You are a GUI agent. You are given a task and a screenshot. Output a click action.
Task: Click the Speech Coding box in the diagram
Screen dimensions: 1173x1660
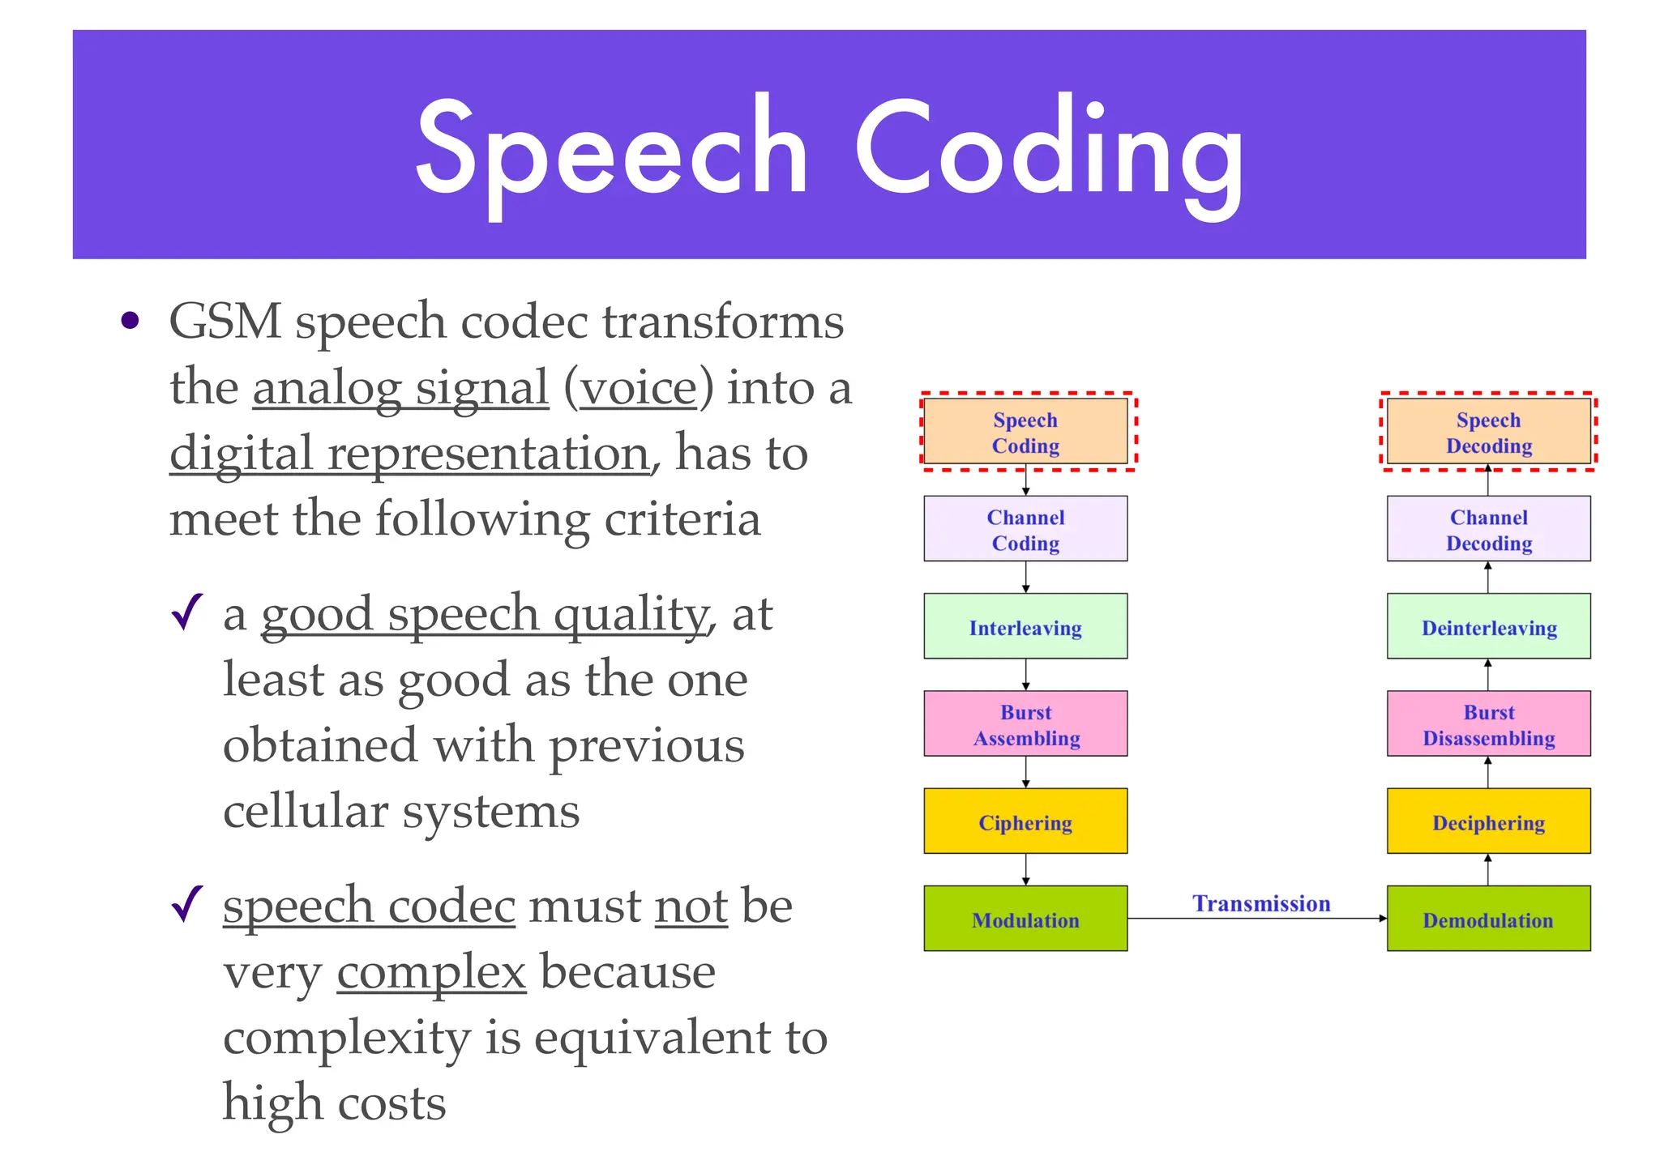(x=1025, y=432)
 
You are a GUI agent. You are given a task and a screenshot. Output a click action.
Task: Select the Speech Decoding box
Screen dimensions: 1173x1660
(x=1488, y=432)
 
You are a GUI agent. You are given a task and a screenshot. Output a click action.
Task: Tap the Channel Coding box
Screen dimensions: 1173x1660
(x=1025, y=529)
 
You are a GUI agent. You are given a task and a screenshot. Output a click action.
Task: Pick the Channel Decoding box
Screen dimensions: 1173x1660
(x=1488, y=529)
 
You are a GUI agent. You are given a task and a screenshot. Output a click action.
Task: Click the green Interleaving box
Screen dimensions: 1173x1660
(x=1025, y=626)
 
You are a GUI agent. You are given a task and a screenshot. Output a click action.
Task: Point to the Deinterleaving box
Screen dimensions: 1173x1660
(x=1488, y=626)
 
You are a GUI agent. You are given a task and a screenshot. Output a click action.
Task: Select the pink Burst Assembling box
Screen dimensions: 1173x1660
(x=1025, y=723)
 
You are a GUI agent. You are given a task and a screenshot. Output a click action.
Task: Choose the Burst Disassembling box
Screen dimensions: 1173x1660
(x=1488, y=723)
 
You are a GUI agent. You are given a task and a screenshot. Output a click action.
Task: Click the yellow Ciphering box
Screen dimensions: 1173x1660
(x=1025, y=821)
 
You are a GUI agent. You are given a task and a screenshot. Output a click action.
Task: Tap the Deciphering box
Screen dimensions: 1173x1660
(x=1488, y=821)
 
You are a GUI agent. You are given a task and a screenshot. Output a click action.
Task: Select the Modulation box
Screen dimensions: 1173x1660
(x=1025, y=919)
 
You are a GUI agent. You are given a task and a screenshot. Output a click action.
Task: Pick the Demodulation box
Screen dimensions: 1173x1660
(x=1488, y=919)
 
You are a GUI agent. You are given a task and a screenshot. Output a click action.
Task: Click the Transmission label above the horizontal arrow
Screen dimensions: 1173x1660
(x=1261, y=902)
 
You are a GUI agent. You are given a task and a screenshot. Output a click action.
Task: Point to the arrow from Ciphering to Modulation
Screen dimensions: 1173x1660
(x=1026, y=870)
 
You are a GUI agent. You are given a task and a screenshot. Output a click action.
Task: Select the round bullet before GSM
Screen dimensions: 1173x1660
(x=130, y=322)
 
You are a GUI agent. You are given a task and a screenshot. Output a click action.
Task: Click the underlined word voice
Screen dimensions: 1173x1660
(x=638, y=388)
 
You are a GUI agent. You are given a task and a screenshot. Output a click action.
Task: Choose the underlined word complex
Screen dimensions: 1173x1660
(x=431, y=972)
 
